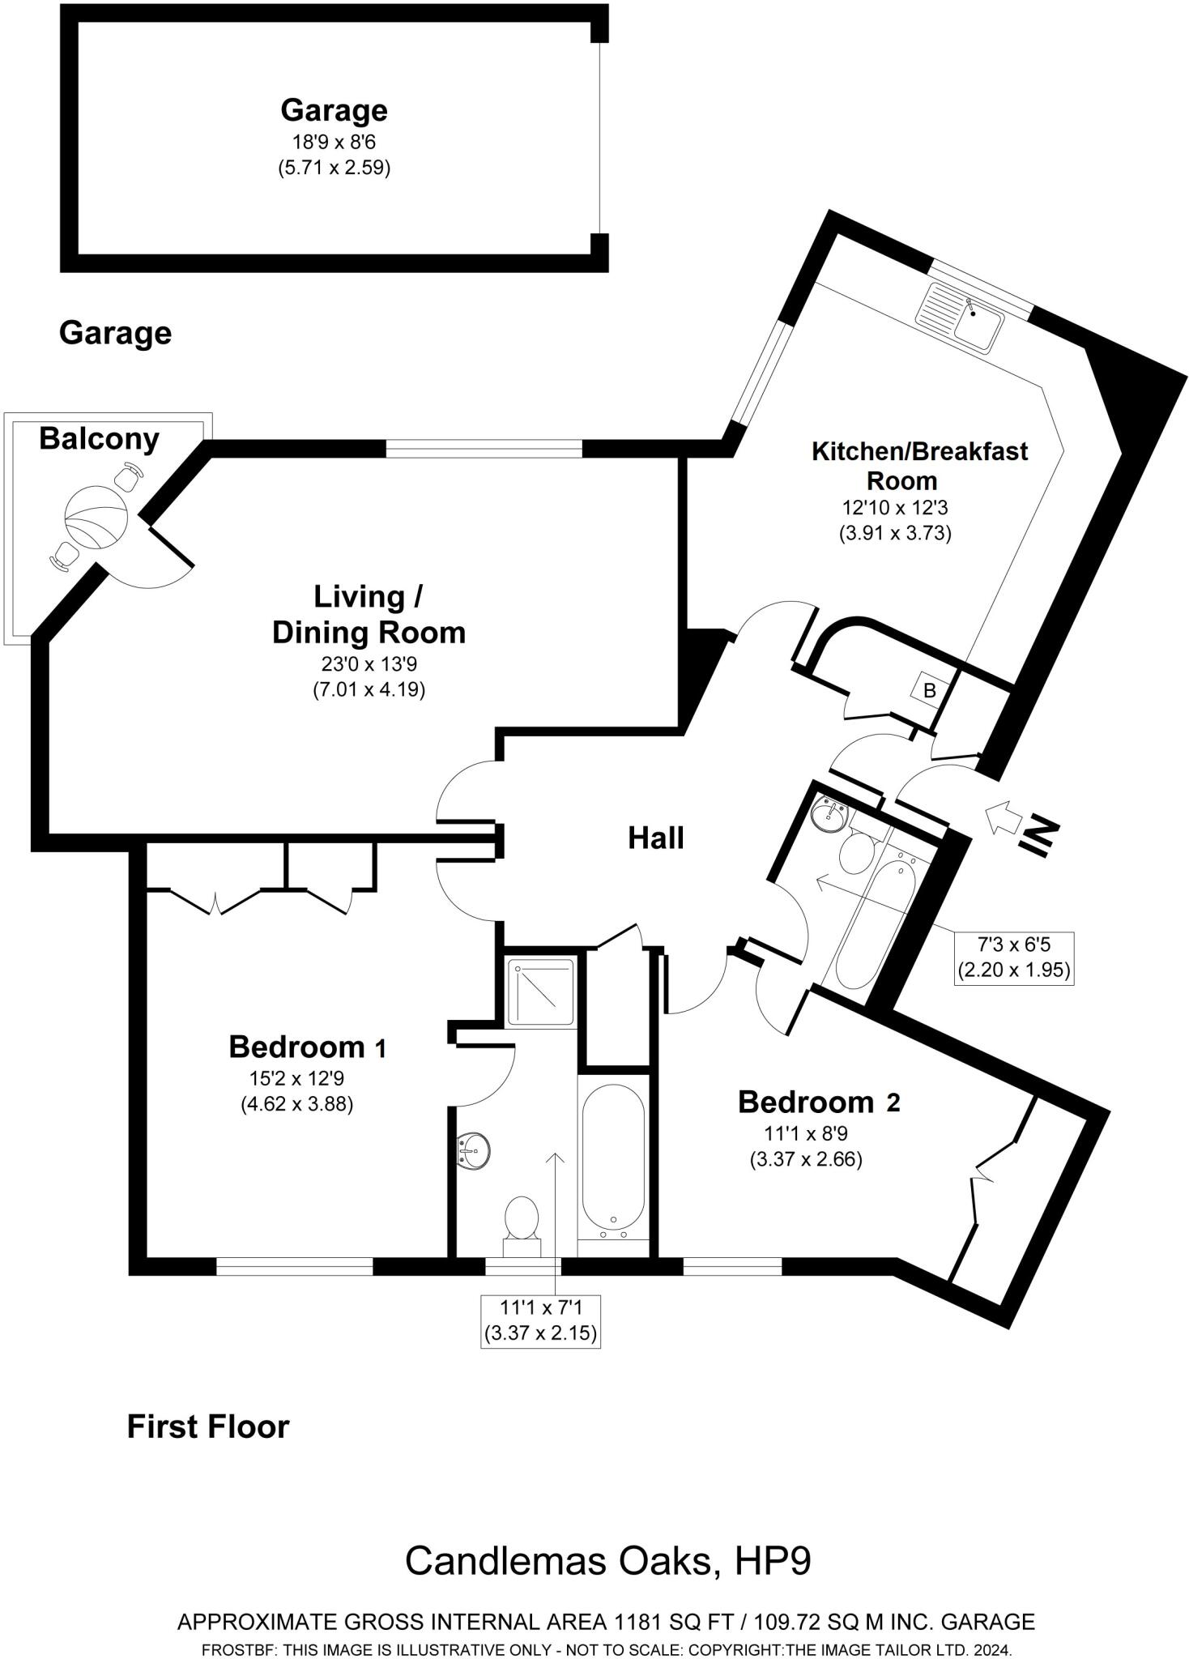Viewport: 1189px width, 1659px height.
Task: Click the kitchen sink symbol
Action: coord(960,317)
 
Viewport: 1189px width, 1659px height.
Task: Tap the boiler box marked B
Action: coord(930,690)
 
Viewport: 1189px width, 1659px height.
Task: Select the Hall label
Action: coord(655,838)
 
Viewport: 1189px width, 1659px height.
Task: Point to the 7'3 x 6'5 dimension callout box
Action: coord(1013,957)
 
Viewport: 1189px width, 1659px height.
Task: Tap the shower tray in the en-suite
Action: coord(540,992)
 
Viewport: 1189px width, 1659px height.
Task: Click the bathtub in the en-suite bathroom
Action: coord(613,1158)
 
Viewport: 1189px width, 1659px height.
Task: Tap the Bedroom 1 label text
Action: coord(308,1047)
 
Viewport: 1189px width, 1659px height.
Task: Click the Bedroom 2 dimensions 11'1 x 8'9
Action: coord(806,1133)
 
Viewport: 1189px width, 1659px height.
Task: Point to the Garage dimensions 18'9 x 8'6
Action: coord(334,143)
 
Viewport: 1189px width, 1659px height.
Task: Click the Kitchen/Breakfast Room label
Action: coord(919,465)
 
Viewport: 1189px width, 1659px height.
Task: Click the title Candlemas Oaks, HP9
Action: coord(607,1561)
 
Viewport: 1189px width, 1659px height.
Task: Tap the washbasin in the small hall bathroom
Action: coord(828,815)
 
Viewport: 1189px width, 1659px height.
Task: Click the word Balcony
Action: coord(99,438)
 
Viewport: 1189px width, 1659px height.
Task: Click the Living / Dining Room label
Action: coord(369,614)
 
